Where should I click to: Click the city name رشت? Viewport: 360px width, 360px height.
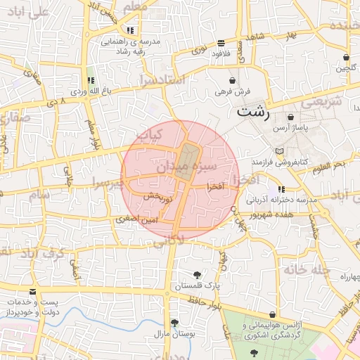coord(252,110)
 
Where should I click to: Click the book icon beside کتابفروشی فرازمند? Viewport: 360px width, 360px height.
coord(281,151)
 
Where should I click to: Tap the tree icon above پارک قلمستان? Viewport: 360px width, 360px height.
coord(196,275)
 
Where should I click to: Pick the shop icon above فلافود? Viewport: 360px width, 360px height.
coord(221,42)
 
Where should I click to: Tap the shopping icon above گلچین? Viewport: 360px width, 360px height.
coord(346,58)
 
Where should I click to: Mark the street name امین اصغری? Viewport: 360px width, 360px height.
coord(138,220)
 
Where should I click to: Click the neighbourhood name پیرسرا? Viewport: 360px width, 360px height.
coord(107,184)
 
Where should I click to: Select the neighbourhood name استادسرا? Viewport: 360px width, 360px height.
coord(162,79)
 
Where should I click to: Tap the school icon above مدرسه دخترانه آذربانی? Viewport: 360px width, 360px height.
coord(281,189)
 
